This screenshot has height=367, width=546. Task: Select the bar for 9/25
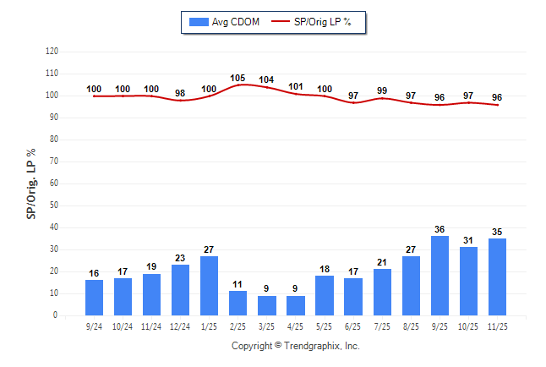click(440, 276)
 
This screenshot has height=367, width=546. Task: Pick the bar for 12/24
click(181, 290)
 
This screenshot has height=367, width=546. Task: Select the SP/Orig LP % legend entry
click(314, 22)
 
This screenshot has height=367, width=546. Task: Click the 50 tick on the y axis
click(55, 205)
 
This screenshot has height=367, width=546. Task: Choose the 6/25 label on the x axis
click(353, 325)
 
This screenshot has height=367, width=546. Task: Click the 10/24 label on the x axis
click(123, 325)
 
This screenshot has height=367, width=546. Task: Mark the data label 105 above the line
click(238, 78)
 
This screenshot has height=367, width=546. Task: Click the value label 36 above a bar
click(440, 229)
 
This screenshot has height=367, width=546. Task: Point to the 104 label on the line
click(267, 79)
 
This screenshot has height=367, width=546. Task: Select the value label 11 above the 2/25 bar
click(238, 284)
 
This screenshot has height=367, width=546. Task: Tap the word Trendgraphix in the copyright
click(315, 346)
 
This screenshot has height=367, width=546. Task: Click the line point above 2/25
click(238, 85)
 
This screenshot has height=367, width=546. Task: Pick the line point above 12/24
click(181, 101)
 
